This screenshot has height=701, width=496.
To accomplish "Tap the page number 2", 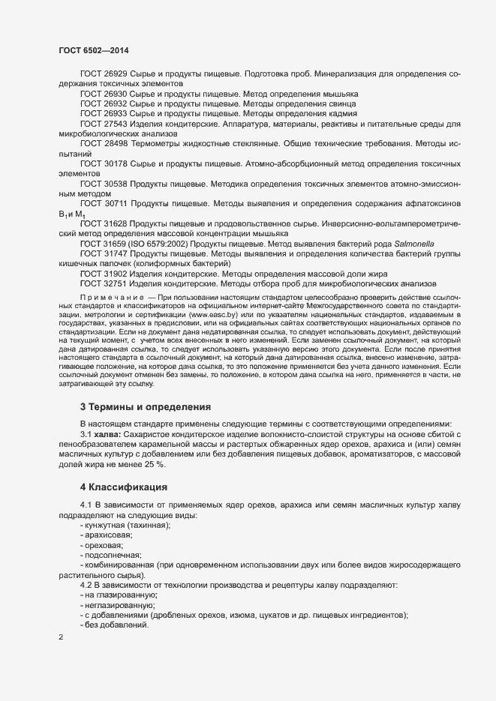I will click(x=61, y=637).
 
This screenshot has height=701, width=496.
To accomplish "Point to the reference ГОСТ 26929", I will click(x=104, y=74).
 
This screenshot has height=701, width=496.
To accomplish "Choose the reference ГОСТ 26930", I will click(x=104, y=94).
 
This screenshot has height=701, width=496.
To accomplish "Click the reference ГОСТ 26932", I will click(x=104, y=103).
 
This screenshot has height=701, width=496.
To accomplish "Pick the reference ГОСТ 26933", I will click(x=104, y=113).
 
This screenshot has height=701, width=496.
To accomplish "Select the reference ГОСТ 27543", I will click(x=104, y=123).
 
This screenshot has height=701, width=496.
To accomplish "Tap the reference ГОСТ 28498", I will click(x=104, y=142).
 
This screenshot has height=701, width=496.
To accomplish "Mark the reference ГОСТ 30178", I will click(x=104, y=163).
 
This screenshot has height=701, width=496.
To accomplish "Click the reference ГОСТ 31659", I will click(x=104, y=244).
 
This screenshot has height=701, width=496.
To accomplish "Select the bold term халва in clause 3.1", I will click(x=109, y=435).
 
